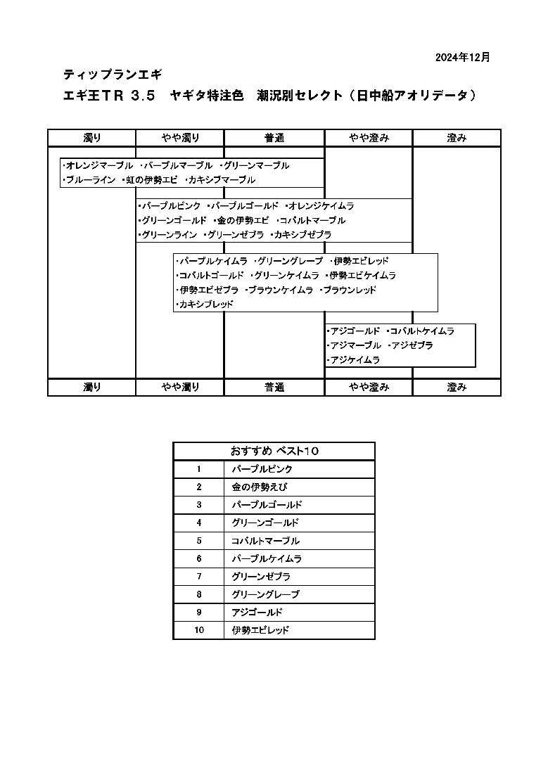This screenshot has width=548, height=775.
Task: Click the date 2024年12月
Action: click(462, 58)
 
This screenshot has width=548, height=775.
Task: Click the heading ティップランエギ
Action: click(113, 75)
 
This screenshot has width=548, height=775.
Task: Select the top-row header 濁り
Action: click(92, 138)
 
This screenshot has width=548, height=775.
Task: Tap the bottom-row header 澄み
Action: click(457, 387)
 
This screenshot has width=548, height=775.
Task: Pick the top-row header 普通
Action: click(274, 138)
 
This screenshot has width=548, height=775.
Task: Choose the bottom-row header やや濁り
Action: click(181, 387)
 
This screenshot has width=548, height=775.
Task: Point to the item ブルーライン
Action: click(89, 180)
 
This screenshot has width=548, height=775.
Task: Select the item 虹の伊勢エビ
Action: click(149, 180)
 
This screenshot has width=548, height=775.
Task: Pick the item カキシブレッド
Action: click(204, 305)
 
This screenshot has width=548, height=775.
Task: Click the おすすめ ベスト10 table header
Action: click(274, 451)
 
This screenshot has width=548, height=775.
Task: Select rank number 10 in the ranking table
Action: click(199, 630)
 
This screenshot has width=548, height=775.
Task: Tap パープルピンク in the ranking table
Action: click(262, 469)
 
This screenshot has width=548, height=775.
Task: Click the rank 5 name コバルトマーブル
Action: click(266, 541)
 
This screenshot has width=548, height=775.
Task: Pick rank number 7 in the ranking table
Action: click(199, 576)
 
